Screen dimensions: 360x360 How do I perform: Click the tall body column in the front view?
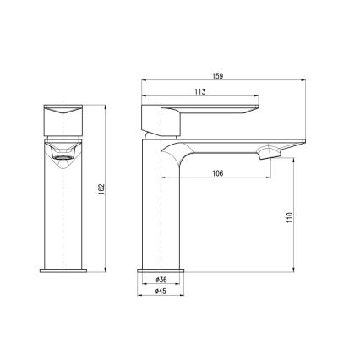pos(63,211)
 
